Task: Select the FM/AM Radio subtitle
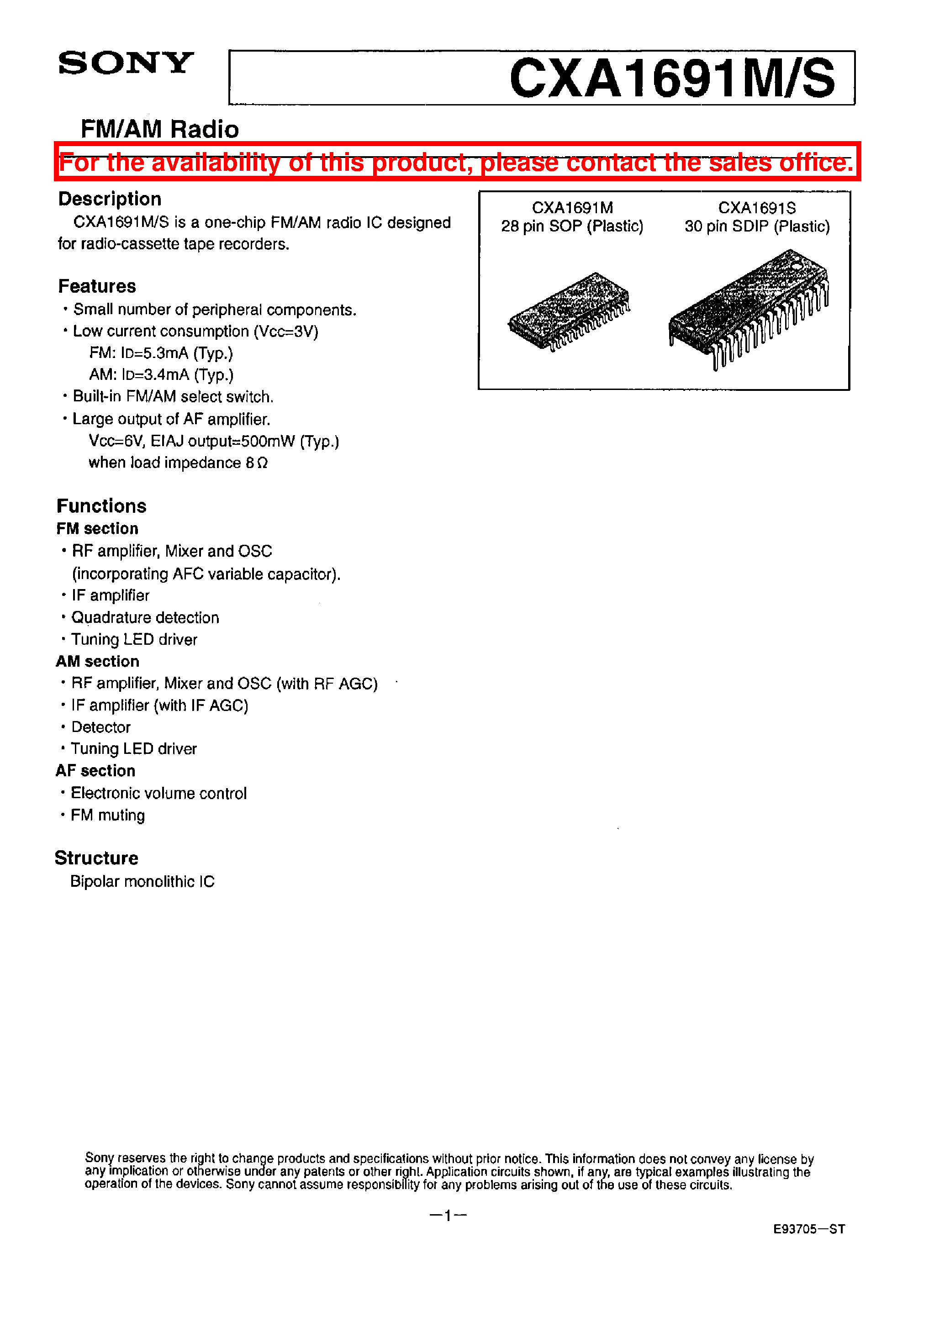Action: pos(160,129)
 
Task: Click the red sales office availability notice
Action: pos(457,162)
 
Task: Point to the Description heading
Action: pos(110,199)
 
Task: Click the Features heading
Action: pos(97,286)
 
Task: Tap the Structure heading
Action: pos(96,858)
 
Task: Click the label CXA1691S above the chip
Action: pos(756,208)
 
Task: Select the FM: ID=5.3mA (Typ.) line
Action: pos(161,353)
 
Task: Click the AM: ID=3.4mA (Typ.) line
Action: pos(161,375)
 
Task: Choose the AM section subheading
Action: pos(98,661)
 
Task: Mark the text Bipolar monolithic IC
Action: pos(142,881)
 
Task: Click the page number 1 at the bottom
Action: pos(448,1216)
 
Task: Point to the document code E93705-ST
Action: pos(808,1229)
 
